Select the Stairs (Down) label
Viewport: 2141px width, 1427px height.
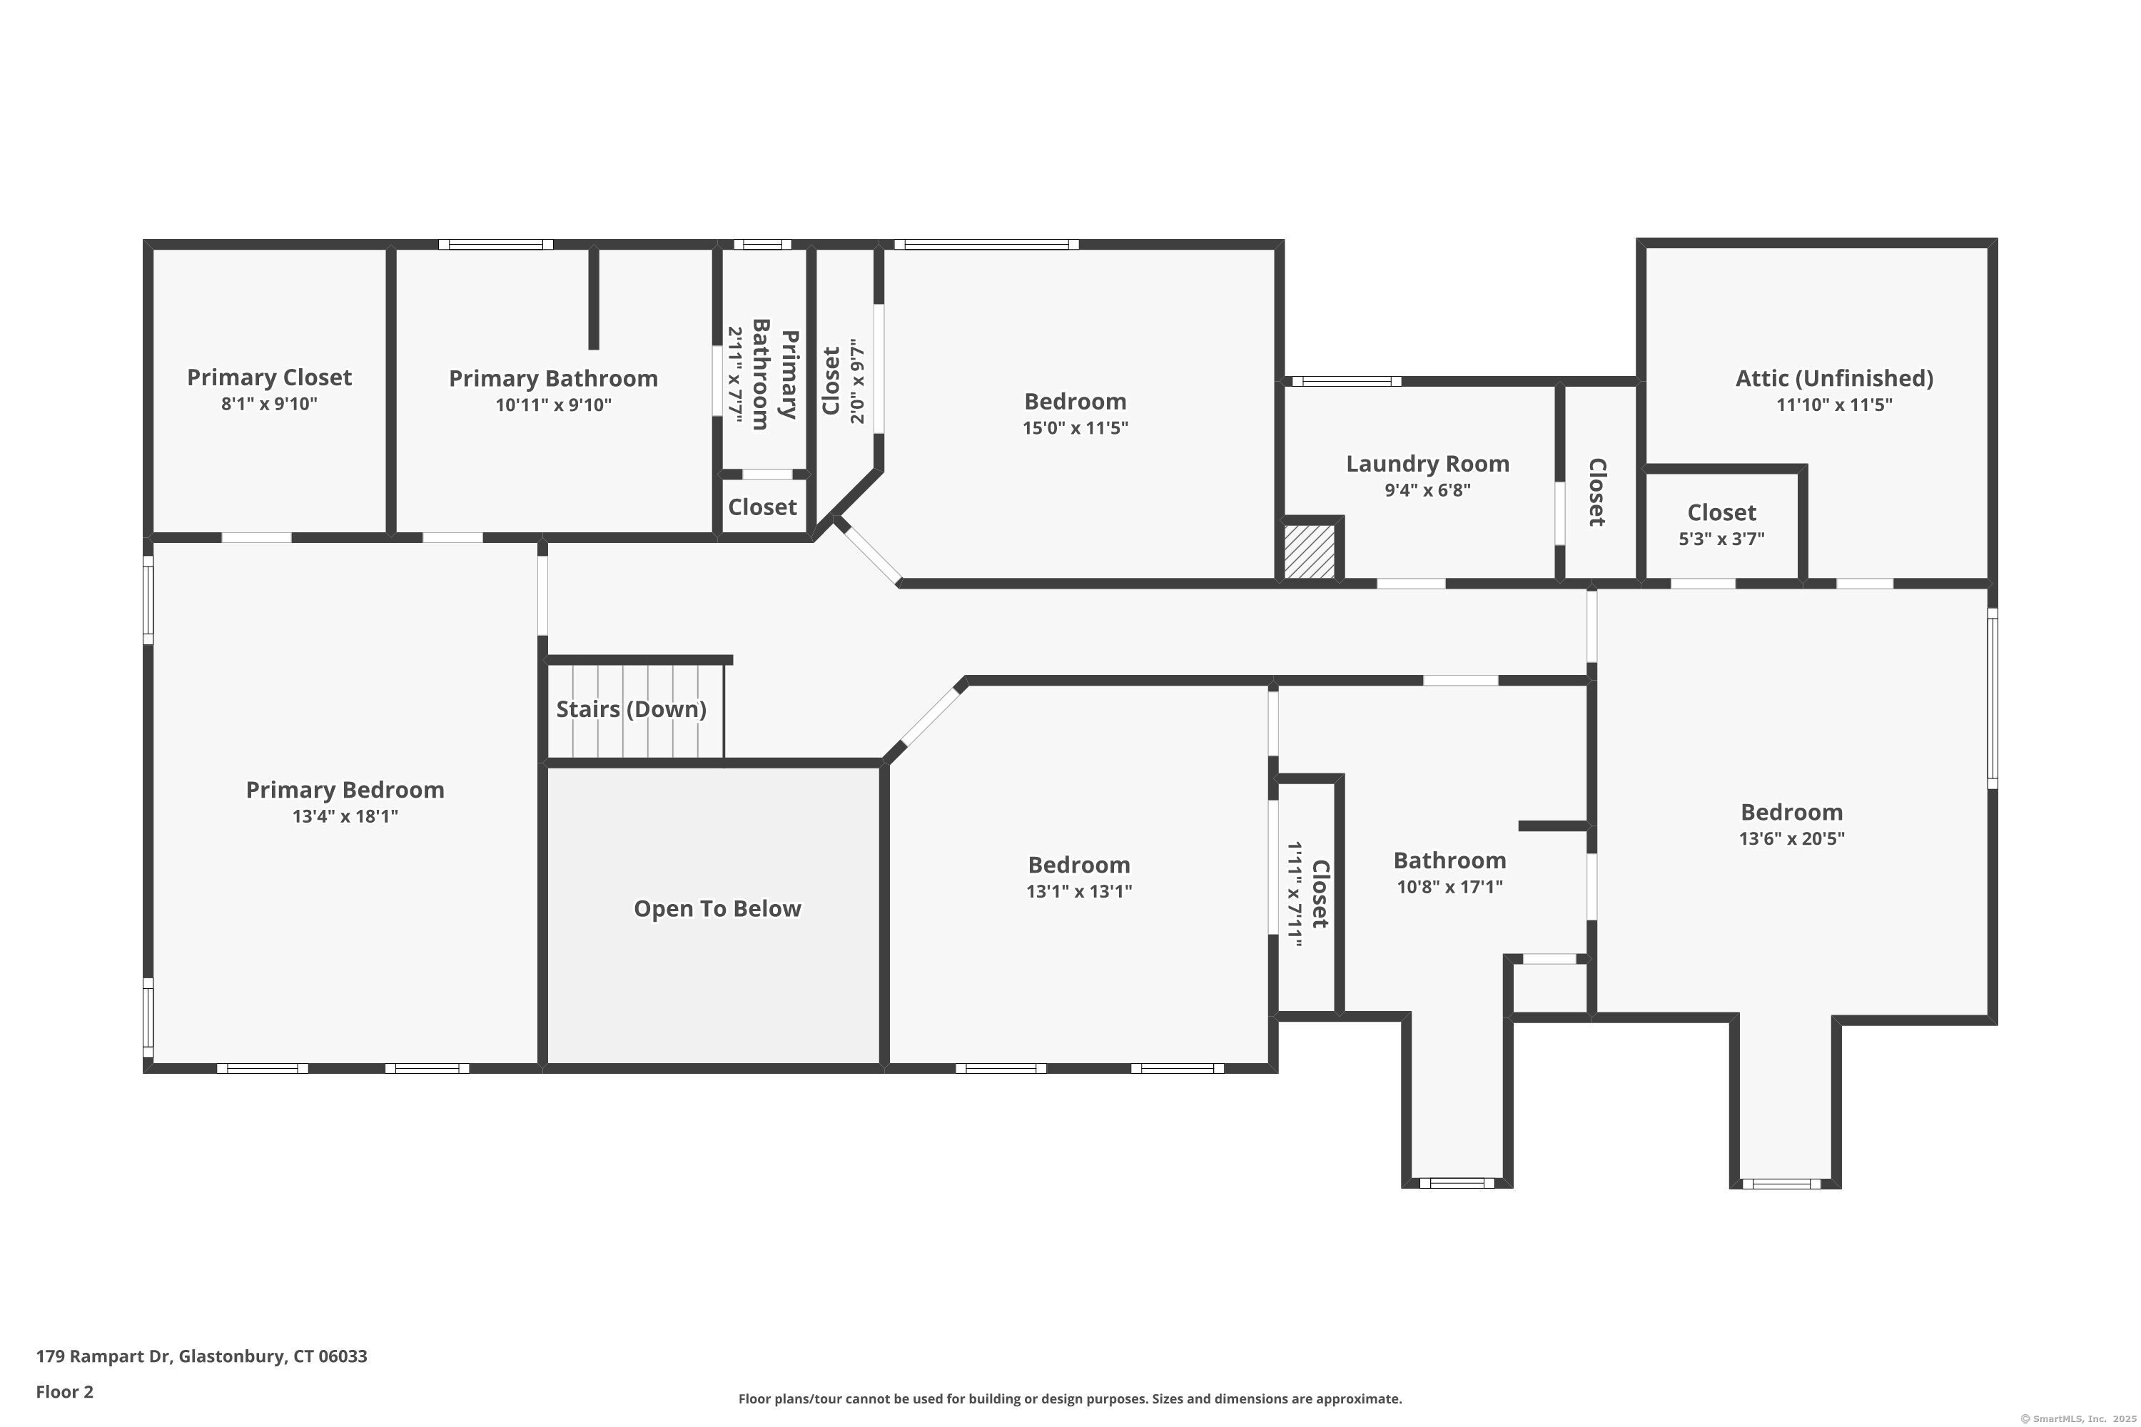[631, 709]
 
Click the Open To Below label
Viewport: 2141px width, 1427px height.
[717, 908]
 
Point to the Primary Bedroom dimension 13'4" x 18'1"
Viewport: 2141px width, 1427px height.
[345, 816]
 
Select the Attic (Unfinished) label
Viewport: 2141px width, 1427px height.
[1833, 377]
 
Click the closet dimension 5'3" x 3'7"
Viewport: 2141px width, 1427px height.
[1721, 539]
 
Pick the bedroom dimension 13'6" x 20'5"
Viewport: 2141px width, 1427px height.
[1791, 838]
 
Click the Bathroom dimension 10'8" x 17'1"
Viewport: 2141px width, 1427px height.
[1449, 886]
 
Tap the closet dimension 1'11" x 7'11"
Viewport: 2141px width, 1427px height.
[1295, 894]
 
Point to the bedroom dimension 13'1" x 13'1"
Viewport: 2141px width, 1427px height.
[1078, 891]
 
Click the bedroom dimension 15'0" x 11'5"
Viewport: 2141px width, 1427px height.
[1074, 427]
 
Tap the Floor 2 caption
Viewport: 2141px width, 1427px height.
[65, 1391]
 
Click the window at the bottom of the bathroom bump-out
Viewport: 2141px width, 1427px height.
[1457, 1183]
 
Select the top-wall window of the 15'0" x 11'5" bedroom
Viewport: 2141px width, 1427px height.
[986, 244]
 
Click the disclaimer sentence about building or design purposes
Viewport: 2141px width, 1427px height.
[1070, 1398]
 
